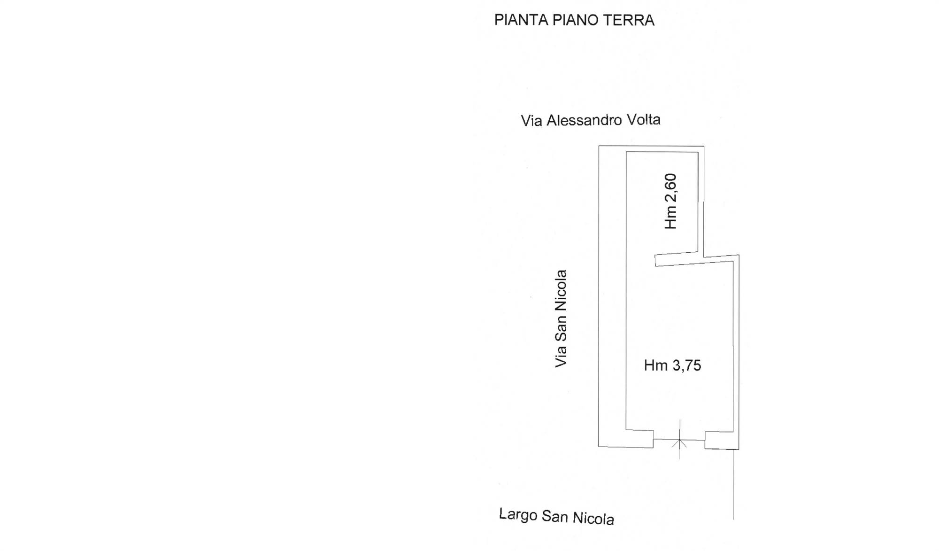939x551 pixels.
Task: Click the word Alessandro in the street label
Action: pos(582,120)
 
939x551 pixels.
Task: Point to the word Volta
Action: pos(641,119)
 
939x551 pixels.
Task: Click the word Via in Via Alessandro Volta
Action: pos(531,121)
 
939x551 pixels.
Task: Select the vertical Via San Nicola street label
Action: pos(561,318)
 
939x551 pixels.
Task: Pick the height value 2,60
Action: pos(671,189)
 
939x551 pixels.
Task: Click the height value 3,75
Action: pos(686,365)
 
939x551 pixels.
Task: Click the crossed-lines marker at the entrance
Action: pos(679,441)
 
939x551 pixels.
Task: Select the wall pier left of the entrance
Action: pos(639,438)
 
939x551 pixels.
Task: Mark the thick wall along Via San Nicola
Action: pos(612,296)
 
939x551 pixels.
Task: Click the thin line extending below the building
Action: pos(733,484)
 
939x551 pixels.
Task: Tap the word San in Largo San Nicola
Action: pos(554,517)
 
